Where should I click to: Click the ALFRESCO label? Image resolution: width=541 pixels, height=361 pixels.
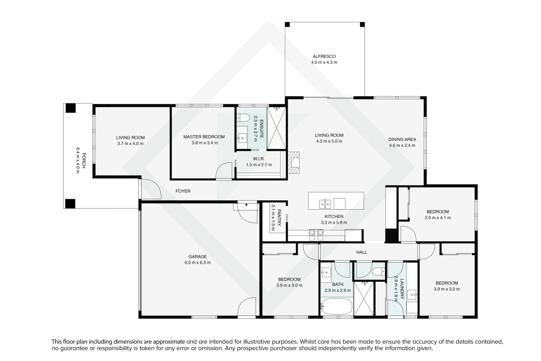(324, 56)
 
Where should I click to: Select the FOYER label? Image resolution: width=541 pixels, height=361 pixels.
(183, 191)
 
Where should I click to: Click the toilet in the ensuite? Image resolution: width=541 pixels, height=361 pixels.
(243, 117)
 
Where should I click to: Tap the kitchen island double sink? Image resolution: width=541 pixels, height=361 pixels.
(325, 203)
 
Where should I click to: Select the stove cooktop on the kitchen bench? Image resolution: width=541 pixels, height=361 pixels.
(316, 235)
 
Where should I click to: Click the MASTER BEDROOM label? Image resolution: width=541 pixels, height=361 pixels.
(204, 137)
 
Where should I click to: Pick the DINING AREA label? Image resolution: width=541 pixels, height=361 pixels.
(402, 139)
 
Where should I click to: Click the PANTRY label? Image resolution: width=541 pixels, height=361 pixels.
(279, 218)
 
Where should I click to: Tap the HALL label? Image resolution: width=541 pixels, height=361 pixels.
(362, 252)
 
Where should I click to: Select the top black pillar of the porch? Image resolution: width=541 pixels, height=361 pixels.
(70, 108)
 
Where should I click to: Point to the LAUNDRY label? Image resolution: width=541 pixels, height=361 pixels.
(402, 289)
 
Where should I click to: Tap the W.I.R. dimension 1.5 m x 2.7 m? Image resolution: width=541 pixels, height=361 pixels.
(259, 165)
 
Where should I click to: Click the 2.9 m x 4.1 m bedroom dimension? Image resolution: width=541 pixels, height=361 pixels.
(437, 218)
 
